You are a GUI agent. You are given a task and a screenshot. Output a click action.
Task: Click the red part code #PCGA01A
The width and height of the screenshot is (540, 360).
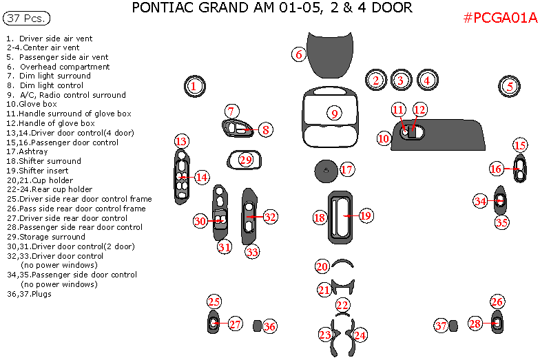[x=499, y=19]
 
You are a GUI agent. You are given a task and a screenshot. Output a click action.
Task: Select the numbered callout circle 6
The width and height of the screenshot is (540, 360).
[x=298, y=54]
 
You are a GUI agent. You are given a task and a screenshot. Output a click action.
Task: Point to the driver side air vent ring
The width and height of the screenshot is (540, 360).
[x=194, y=86]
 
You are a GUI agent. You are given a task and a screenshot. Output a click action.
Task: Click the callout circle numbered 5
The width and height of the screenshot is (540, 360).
[x=509, y=86]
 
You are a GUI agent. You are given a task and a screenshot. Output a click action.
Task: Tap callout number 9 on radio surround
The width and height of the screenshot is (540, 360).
[x=333, y=113]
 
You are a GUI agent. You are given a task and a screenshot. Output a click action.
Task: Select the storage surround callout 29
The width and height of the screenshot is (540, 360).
[x=246, y=160]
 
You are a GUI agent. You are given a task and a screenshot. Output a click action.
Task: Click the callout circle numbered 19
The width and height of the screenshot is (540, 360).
[x=365, y=215]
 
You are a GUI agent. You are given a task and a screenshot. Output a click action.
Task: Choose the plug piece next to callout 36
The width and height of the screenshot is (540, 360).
[x=256, y=326]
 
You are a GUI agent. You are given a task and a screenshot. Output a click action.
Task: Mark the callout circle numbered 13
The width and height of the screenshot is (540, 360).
[x=180, y=141]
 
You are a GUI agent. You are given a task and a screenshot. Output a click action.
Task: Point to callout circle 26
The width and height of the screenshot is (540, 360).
[x=497, y=301]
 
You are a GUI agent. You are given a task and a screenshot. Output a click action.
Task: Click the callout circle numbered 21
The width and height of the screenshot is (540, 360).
[x=324, y=290]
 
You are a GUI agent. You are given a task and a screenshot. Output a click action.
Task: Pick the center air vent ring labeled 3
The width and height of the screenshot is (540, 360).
[x=400, y=81]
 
